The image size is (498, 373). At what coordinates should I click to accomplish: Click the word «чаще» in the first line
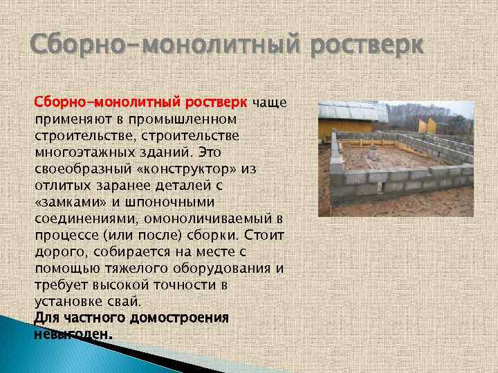pyautogui.click(x=269, y=103)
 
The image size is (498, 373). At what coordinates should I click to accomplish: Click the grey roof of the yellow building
pyautogui.click(x=353, y=111)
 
